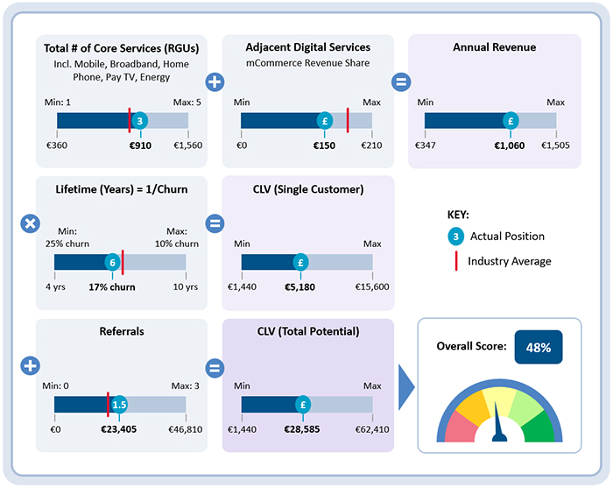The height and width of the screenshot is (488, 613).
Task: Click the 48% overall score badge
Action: tap(538, 347)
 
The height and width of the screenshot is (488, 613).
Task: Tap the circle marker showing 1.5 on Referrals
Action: tap(120, 404)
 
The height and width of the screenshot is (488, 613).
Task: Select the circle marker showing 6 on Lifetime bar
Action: tap(112, 262)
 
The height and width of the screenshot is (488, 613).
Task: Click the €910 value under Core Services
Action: tap(140, 145)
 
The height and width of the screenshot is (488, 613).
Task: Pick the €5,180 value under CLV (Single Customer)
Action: tap(300, 286)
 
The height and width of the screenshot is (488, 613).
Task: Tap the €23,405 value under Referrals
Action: tap(119, 429)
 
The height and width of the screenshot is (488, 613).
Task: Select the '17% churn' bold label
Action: tap(113, 286)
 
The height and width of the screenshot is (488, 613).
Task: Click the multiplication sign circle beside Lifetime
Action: tap(29, 223)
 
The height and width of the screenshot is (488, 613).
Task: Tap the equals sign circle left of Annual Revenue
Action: tap(400, 82)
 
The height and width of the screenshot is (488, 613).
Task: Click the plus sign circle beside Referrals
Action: tap(29, 366)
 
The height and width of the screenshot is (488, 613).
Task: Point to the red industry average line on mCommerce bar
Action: tap(348, 120)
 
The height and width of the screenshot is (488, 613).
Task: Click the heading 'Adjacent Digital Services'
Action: tap(308, 47)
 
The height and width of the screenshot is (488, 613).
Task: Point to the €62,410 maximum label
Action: tap(371, 429)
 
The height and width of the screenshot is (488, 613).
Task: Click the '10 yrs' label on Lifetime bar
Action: tap(185, 286)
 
